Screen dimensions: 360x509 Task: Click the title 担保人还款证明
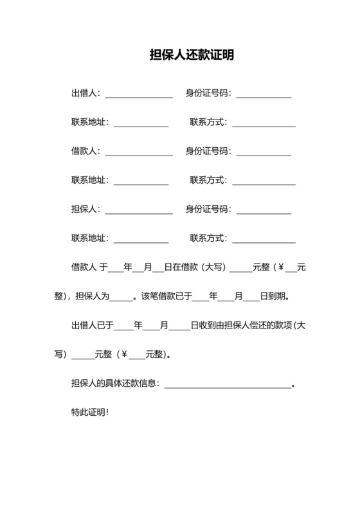191,55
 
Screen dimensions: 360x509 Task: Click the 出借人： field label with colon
85,93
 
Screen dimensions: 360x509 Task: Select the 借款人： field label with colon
85,151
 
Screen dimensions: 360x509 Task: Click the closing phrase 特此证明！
90,411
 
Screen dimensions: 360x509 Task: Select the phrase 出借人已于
92,326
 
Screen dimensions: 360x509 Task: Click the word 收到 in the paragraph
206,326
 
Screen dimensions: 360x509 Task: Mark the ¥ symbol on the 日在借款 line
280,267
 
